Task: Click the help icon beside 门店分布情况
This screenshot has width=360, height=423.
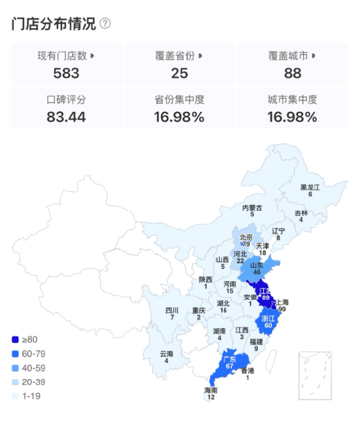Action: (105, 24)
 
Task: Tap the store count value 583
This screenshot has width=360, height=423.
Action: (66, 73)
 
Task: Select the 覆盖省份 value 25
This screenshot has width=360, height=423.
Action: (179, 73)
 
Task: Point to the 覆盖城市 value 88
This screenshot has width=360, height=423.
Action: (292, 73)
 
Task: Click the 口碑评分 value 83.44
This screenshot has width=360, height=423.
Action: (66, 118)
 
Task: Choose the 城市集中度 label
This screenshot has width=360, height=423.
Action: (292, 100)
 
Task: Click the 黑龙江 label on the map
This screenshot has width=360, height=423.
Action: (310, 187)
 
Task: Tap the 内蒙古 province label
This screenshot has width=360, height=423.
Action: (252, 208)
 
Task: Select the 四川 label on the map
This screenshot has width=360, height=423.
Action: (171, 310)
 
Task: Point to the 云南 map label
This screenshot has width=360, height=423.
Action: (166, 354)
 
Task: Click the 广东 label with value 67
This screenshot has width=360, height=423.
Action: (229, 359)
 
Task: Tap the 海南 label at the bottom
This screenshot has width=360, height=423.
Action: (210, 391)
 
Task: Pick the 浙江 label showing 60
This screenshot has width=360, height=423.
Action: (268, 318)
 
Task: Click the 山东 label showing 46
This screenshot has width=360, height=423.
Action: (257, 265)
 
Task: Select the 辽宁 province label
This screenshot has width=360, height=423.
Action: (278, 231)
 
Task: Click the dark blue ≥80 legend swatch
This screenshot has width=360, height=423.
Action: (15, 339)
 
